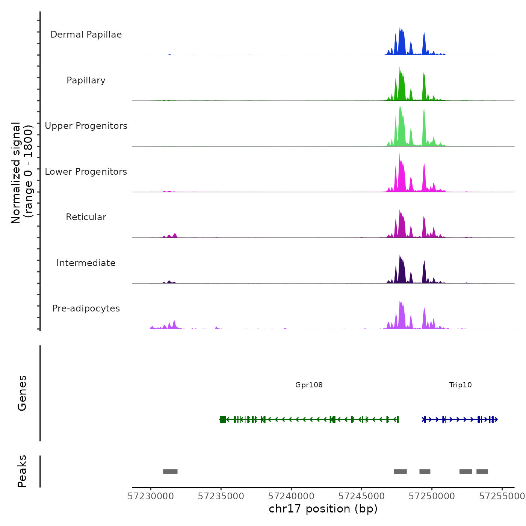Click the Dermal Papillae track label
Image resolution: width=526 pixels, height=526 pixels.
coord(86,35)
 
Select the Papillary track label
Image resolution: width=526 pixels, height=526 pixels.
coord(86,80)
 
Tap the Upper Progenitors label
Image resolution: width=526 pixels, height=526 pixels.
coord(86,126)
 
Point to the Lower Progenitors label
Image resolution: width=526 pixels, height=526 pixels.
coord(86,172)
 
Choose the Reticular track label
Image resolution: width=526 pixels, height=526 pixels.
coord(86,217)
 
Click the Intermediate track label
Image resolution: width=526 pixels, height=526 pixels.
coord(86,263)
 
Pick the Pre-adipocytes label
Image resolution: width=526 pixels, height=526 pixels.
coord(86,308)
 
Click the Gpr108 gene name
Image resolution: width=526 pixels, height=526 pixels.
coord(309,385)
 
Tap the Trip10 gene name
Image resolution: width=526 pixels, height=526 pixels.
coord(460,385)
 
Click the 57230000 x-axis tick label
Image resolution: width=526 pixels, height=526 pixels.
coord(151,496)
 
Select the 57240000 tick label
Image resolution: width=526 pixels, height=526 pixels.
coord(291,496)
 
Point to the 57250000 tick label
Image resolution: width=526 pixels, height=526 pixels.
coord(432,496)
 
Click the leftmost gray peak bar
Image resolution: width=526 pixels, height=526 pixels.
coord(170,472)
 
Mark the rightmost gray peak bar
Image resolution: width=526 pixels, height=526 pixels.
coord(482,472)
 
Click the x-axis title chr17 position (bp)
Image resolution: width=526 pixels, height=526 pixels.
coord(323,509)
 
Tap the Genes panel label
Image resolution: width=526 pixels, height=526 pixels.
coord(22,393)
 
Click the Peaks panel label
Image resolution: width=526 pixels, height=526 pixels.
coord(22,471)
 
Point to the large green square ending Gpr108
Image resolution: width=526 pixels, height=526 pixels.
coord(223,419)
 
